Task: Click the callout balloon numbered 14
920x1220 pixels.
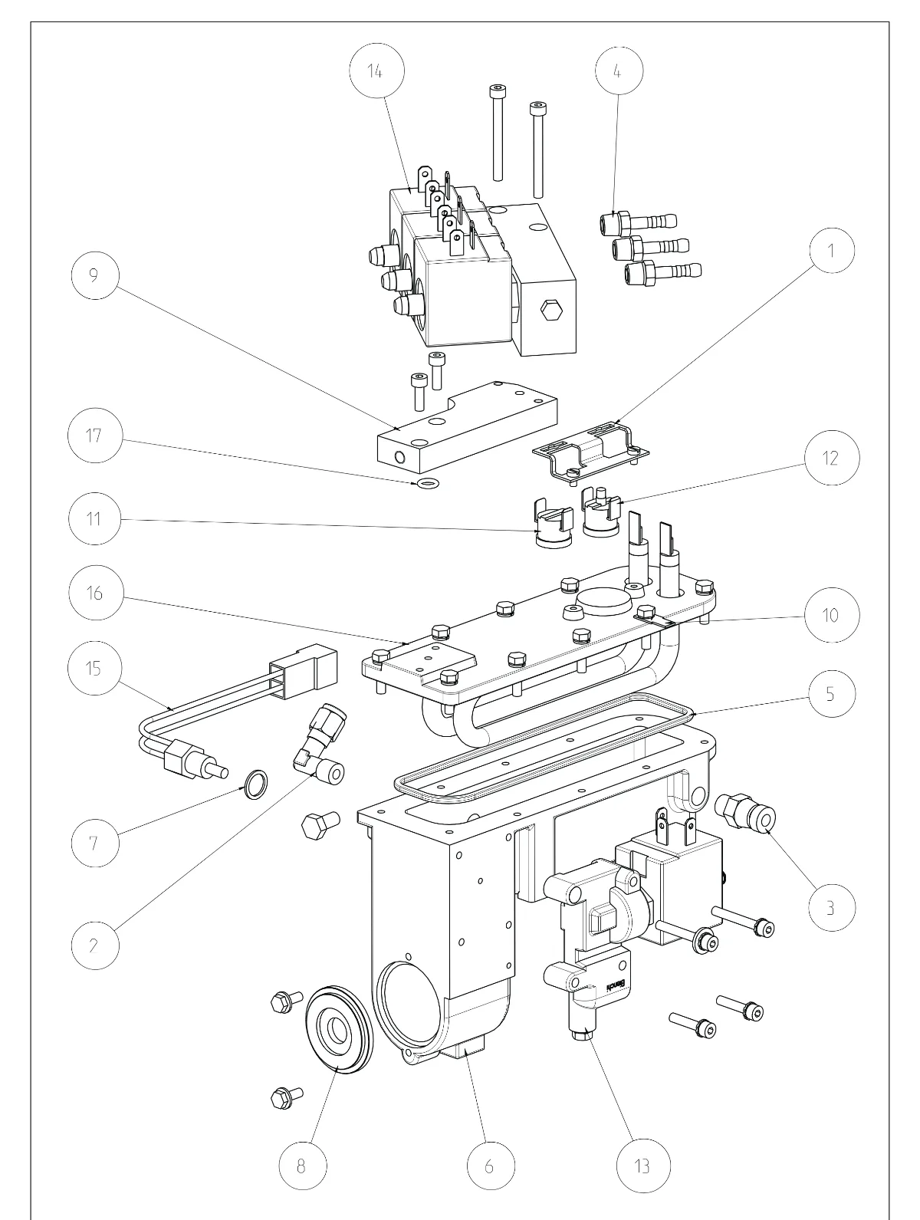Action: (x=376, y=71)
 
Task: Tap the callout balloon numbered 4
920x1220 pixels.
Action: (x=619, y=71)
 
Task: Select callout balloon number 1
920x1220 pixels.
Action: (x=831, y=250)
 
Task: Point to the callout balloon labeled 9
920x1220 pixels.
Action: (x=95, y=275)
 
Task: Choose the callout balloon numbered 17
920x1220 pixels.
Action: (x=94, y=436)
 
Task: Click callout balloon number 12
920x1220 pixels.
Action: (x=832, y=458)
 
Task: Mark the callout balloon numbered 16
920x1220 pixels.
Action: (x=96, y=593)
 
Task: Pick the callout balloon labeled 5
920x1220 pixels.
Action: (x=832, y=694)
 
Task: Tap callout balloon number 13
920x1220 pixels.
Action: (x=642, y=1166)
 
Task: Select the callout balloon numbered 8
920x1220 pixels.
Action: (x=302, y=1166)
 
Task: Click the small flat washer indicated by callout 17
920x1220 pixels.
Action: (x=428, y=483)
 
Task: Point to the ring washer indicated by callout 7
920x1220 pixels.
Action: (x=255, y=784)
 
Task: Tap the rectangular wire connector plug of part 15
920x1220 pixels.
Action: (x=304, y=672)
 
